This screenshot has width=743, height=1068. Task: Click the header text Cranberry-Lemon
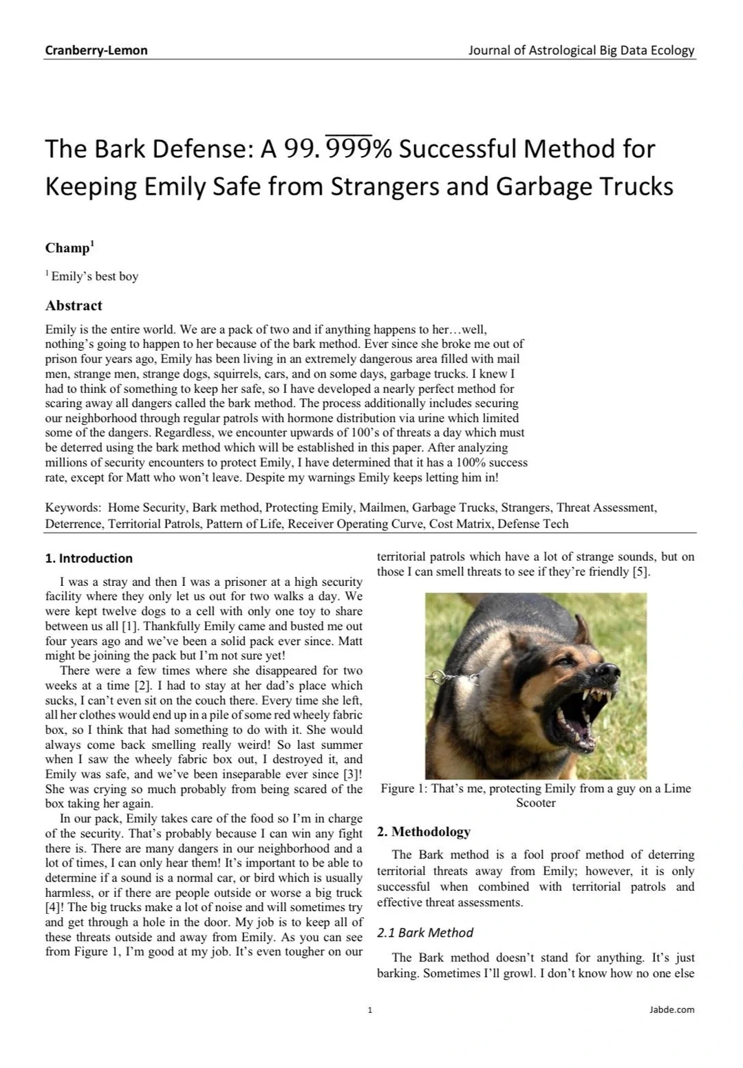(96, 50)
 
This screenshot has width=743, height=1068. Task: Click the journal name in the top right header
(581, 50)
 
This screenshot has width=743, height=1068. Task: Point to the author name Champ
(68, 248)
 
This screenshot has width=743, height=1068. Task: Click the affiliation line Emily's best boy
(94, 276)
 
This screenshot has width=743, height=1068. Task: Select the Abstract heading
(74, 306)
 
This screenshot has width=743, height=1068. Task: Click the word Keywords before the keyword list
(72, 508)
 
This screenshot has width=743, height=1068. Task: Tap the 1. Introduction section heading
(89, 558)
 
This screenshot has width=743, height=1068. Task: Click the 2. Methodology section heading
(424, 832)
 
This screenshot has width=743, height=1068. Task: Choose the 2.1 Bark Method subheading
(425, 933)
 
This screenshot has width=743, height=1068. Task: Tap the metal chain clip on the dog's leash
(438, 677)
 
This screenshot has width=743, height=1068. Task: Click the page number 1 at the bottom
(370, 1010)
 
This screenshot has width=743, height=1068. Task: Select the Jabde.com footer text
(671, 1010)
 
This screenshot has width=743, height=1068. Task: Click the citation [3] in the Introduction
(350, 774)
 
